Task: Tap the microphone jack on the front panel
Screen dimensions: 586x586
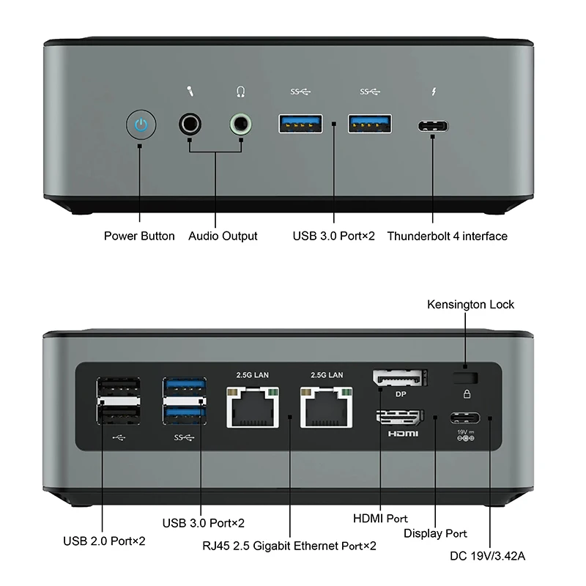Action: click(x=190, y=124)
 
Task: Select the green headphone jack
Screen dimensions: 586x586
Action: click(x=241, y=124)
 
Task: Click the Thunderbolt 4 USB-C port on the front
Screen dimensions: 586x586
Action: click(x=432, y=125)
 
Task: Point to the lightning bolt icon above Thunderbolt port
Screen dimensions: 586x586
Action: click(x=432, y=92)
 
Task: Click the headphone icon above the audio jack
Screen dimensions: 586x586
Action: click(x=240, y=92)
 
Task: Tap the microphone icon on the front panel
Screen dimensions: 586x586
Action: click(x=190, y=92)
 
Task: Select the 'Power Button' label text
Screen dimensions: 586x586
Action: click(x=139, y=236)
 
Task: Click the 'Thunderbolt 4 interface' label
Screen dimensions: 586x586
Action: click(x=447, y=236)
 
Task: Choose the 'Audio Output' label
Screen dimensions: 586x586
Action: click(x=223, y=236)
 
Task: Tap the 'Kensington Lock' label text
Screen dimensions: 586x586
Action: click(x=470, y=304)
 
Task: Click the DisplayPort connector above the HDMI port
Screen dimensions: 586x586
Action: click(x=400, y=378)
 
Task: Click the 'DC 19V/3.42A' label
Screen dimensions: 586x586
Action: click(x=489, y=556)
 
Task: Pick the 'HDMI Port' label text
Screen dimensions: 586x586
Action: click(x=380, y=519)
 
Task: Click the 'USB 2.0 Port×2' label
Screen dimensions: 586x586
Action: click(x=104, y=541)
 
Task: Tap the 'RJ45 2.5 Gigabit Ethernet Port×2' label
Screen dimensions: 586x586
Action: click(x=289, y=545)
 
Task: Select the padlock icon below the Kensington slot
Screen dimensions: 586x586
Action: click(x=467, y=393)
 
